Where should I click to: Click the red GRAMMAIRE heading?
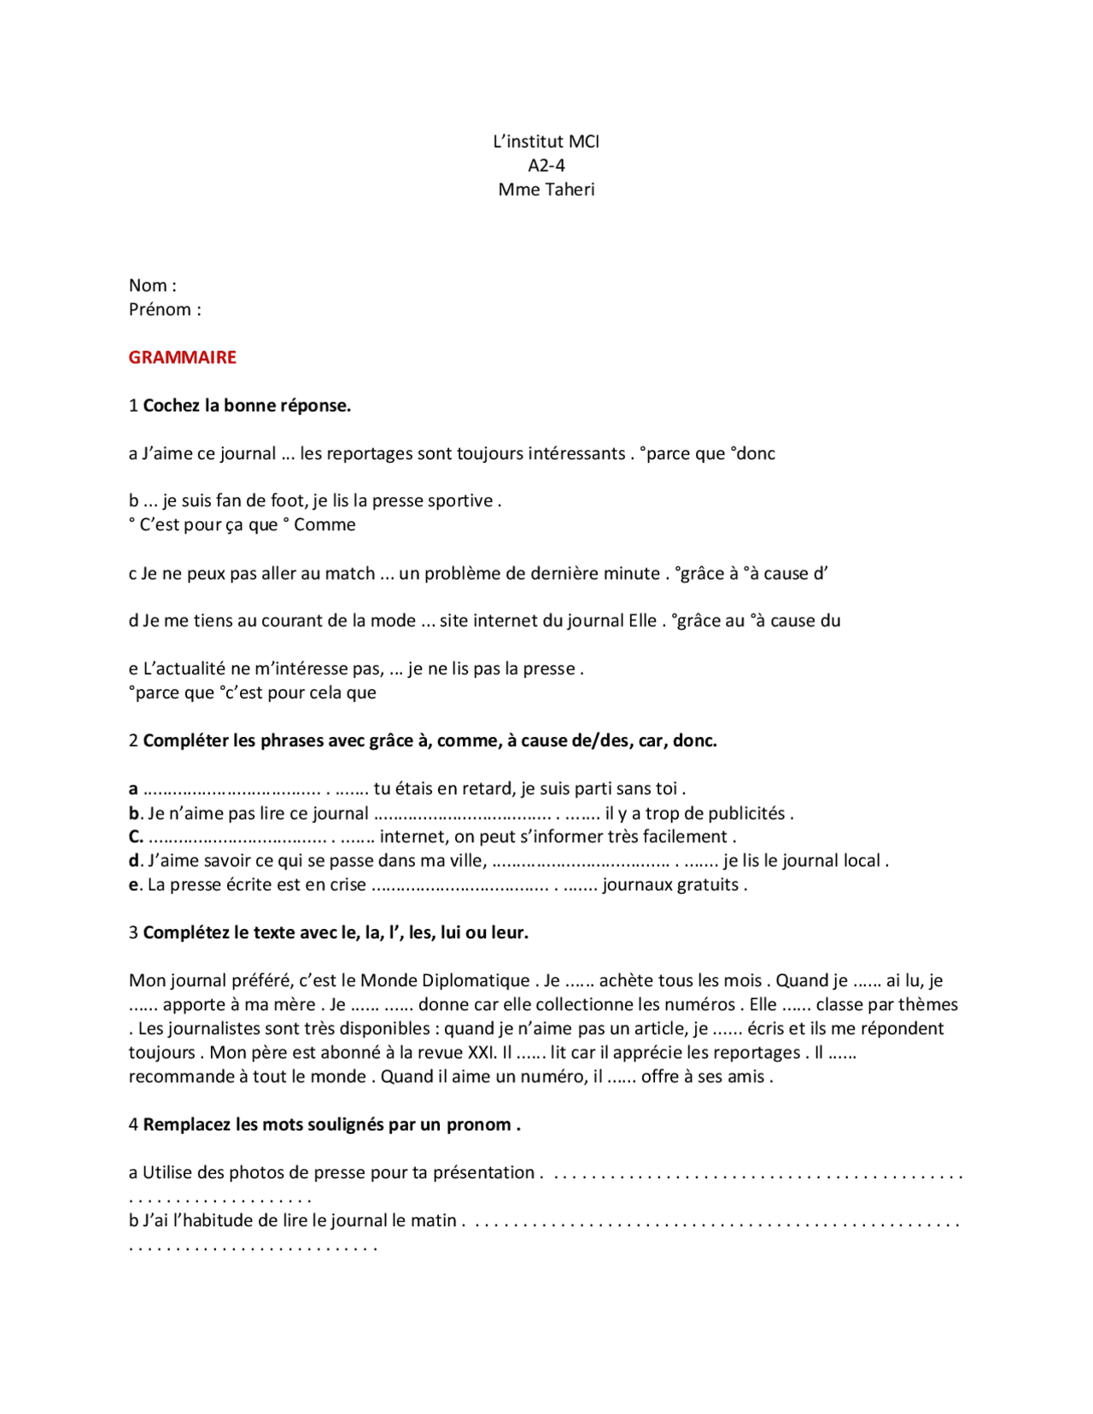tap(182, 357)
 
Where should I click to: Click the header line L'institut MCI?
tap(546, 142)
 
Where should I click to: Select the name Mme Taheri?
tap(546, 190)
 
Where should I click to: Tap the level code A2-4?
tap(546, 166)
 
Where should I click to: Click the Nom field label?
tap(152, 285)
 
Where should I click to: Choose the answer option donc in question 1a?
tap(755, 453)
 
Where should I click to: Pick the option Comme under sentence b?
tap(324, 524)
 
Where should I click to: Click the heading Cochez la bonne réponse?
tap(247, 406)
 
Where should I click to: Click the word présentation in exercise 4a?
tap(483, 1172)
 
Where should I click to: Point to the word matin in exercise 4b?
tap(433, 1220)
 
